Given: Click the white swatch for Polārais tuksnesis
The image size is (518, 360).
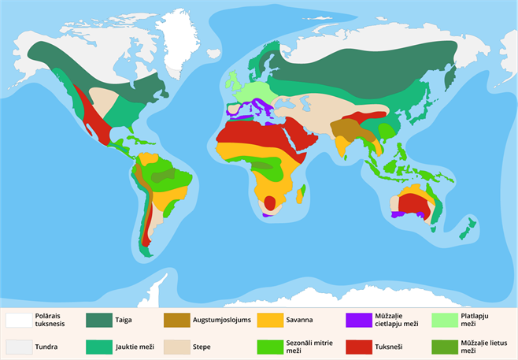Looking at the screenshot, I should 19,320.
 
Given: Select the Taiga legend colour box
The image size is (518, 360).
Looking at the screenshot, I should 99,320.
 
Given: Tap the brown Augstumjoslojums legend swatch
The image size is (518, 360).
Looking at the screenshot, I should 177,320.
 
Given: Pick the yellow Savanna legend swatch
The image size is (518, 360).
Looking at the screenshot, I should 270,320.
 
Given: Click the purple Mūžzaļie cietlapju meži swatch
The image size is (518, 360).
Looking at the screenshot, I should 358,320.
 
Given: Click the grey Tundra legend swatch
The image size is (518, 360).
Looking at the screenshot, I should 19,346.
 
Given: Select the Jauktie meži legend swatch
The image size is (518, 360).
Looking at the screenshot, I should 99,346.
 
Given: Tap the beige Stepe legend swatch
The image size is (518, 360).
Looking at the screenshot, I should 177,346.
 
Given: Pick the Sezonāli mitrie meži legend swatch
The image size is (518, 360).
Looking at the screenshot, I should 270,346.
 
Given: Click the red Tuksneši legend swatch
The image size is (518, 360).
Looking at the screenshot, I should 358,346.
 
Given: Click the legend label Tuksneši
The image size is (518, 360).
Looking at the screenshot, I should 389,346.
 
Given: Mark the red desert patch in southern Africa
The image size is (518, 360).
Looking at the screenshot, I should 270,202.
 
